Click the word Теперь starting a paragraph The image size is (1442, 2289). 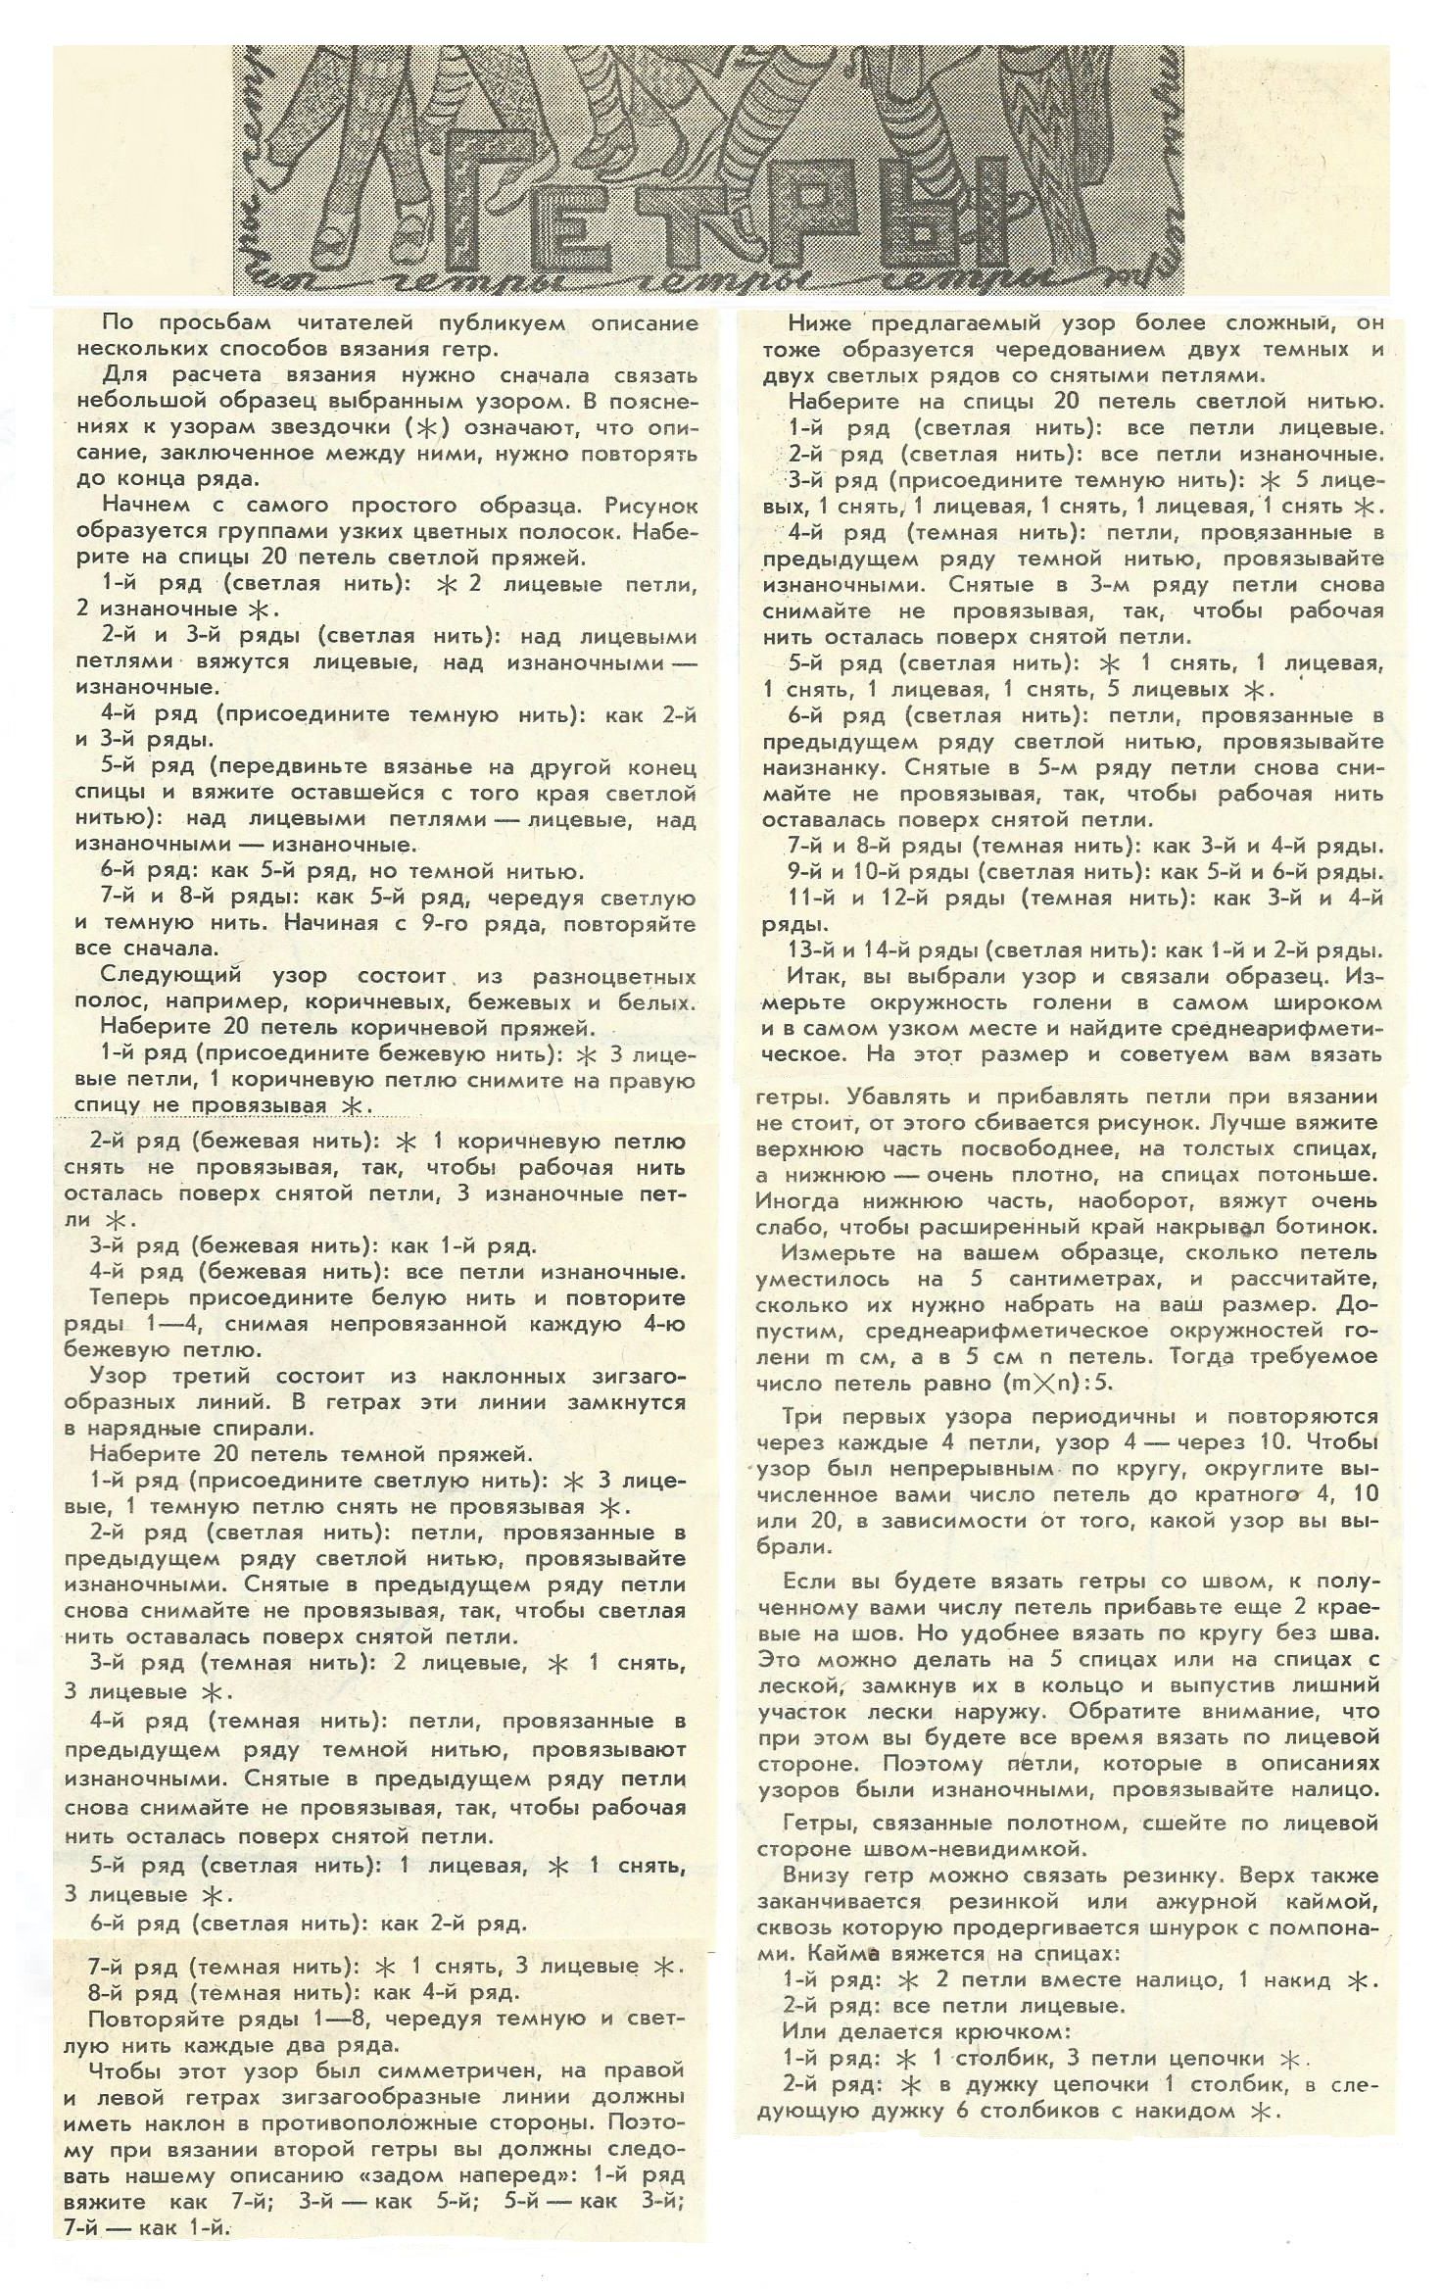(132, 1298)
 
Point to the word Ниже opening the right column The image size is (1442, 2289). (820, 324)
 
